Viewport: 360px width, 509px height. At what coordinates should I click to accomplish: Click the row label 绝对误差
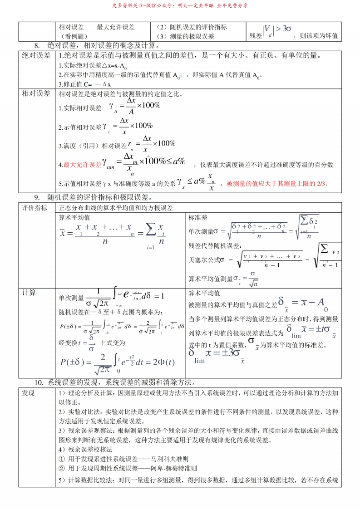tap(36, 55)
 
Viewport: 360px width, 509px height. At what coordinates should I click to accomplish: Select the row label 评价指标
tap(35, 208)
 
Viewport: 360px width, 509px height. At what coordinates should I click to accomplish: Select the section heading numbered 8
tap(96, 46)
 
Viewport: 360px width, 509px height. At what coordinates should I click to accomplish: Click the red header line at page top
tap(180, 6)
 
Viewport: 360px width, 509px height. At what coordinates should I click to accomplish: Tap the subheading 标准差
tap(198, 218)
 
